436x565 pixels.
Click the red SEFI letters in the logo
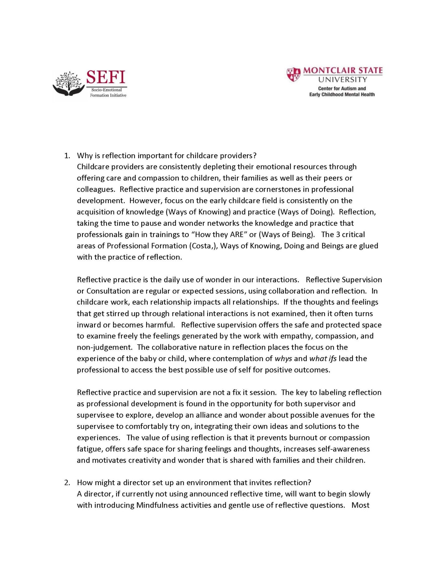pos(106,77)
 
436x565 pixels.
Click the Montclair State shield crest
pos(293,75)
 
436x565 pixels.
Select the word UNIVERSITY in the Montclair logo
pos(343,80)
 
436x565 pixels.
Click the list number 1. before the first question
pos(67,156)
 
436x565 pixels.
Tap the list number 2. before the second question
pos(67,482)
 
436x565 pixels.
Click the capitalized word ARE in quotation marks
pos(237,234)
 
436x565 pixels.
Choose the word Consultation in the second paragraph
pos(108,291)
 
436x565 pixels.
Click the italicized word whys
pos(283,359)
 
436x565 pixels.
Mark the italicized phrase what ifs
pos(323,359)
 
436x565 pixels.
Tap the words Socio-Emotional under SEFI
pos(107,90)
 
